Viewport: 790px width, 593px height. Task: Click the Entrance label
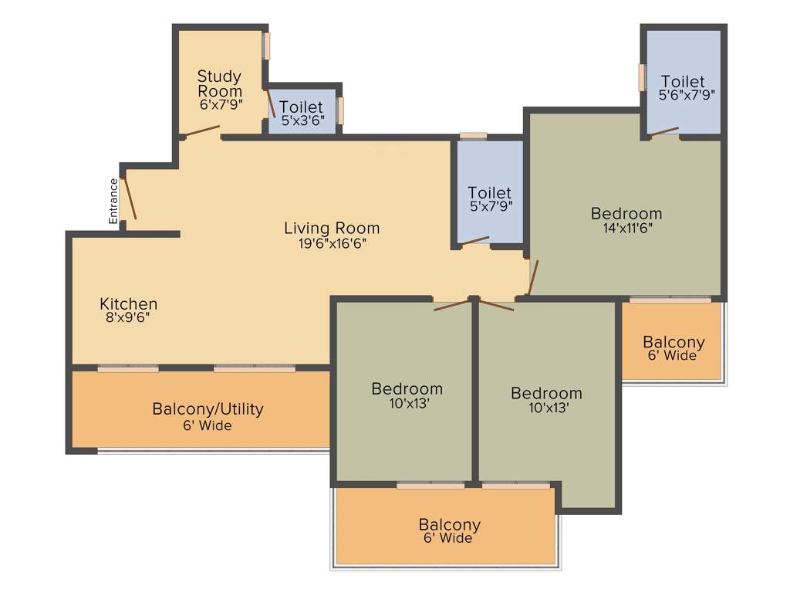pyautogui.click(x=113, y=202)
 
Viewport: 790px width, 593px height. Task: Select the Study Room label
pyautogui.click(x=220, y=83)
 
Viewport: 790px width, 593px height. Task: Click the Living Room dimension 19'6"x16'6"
pyautogui.click(x=332, y=243)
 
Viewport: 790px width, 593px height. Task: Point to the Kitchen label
pyautogui.click(x=129, y=303)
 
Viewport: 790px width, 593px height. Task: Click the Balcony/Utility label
pyautogui.click(x=208, y=408)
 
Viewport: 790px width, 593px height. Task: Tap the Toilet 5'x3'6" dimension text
pyautogui.click(x=302, y=120)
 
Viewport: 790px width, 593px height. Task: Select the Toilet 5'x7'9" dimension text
pyautogui.click(x=490, y=206)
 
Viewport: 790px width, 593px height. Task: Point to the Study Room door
pyautogui.click(x=202, y=131)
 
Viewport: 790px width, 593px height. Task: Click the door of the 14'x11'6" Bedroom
pyautogui.click(x=532, y=278)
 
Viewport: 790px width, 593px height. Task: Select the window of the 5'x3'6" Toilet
pyautogui.click(x=340, y=110)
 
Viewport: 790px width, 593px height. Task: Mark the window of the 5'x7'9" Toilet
pyautogui.click(x=473, y=136)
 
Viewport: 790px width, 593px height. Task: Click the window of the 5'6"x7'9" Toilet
pyautogui.click(x=642, y=77)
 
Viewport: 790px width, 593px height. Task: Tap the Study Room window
pyautogui.click(x=267, y=46)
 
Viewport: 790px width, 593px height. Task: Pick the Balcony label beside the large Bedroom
pyautogui.click(x=674, y=342)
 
